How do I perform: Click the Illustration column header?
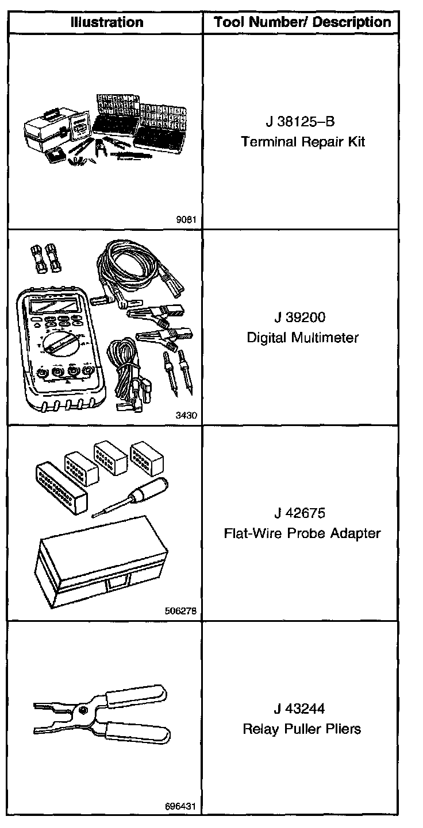(107, 22)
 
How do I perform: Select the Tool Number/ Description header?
(302, 22)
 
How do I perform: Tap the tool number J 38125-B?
(302, 122)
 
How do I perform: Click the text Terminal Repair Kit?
(302, 142)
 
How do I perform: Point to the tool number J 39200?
(302, 318)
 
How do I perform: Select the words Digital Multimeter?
(302, 337)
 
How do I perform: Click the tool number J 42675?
(302, 513)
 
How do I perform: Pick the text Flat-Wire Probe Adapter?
(302, 533)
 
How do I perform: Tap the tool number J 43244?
(302, 709)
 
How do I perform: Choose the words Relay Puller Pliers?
(302, 729)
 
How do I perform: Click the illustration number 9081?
(188, 219)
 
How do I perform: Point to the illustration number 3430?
(188, 415)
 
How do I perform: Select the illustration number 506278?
(183, 611)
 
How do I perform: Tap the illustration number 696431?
(183, 806)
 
